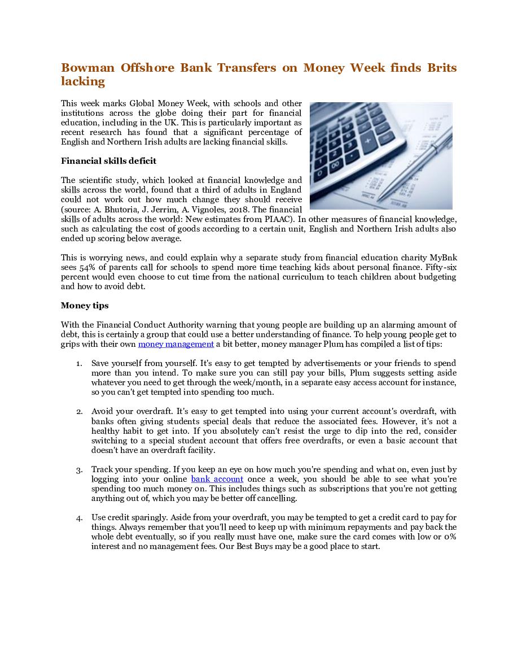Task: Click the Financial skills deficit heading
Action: point(108,161)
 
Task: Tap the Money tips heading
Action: point(85,306)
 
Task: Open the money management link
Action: point(175,344)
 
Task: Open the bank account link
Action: point(217,479)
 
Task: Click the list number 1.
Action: point(79,364)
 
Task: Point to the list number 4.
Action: point(79,518)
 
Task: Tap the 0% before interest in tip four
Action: point(450,537)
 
